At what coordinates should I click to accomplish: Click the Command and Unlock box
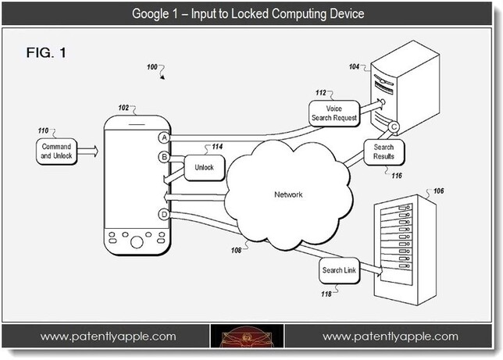pyautogui.click(x=56, y=151)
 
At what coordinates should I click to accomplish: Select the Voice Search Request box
pyautogui.click(x=334, y=113)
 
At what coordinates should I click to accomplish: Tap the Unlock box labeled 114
pyautogui.click(x=205, y=167)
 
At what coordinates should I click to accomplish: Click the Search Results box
pyautogui.click(x=383, y=152)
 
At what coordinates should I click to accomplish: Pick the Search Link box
pyautogui.click(x=339, y=270)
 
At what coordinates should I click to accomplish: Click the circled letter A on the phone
pyautogui.click(x=164, y=137)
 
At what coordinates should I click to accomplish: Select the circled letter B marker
pyautogui.click(x=164, y=157)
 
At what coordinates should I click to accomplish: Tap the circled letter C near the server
pyautogui.click(x=394, y=127)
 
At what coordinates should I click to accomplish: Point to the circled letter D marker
pyautogui.click(x=164, y=214)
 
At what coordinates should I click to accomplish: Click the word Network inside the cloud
pyautogui.click(x=288, y=194)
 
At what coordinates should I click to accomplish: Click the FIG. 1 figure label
pyautogui.click(x=46, y=52)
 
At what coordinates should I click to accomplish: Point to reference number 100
pyautogui.click(x=152, y=67)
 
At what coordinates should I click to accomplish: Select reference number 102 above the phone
pyautogui.click(x=123, y=108)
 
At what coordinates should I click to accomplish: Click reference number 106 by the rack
pyautogui.click(x=438, y=191)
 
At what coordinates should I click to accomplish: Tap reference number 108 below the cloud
pyautogui.click(x=236, y=250)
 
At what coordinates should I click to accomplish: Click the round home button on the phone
pyautogui.click(x=137, y=242)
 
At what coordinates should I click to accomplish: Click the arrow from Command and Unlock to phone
pyautogui.click(x=87, y=151)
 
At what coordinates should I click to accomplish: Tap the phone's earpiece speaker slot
pyautogui.click(x=137, y=124)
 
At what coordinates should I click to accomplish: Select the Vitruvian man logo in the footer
pyautogui.click(x=247, y=337)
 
